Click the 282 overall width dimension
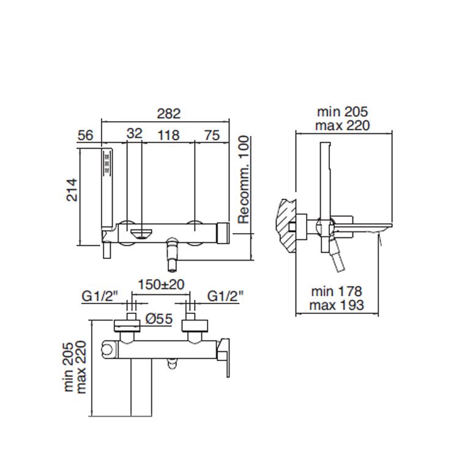[x=169, y=114]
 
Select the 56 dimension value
[x=86, y=135]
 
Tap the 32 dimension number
[x=135, y=133]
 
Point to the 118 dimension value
[x=168, y=135]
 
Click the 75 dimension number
[x=212, y=135]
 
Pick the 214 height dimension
[x=72, y=190]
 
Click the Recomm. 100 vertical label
[x=244, y=180]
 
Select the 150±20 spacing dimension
[x=161, y=284]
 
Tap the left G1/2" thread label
[x=100, y=296]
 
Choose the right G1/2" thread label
[x=225, y=296]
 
